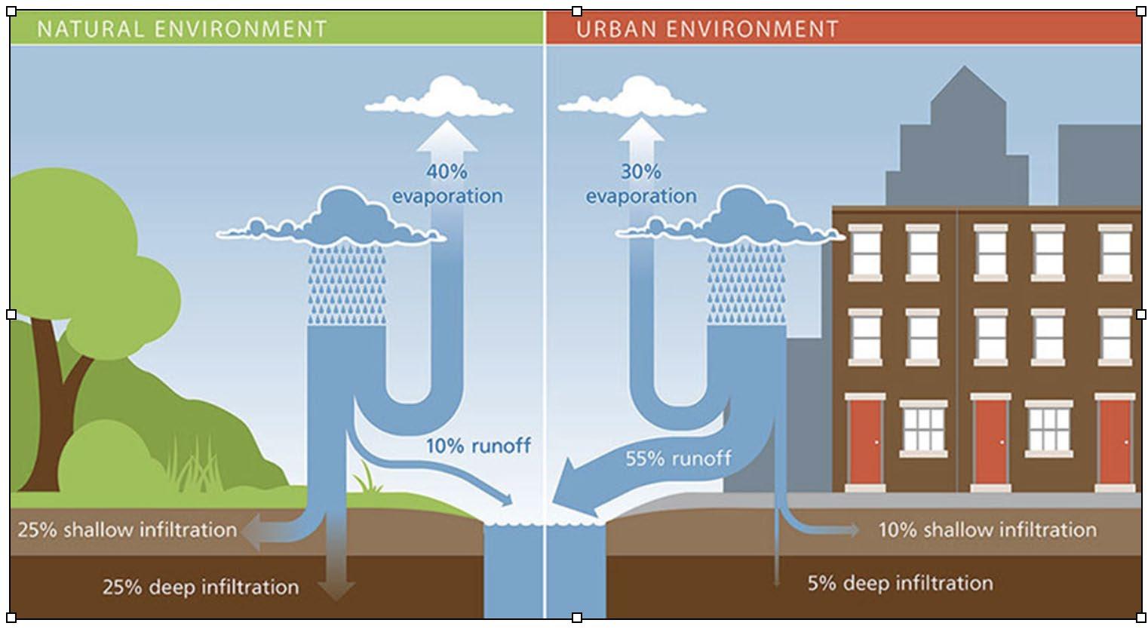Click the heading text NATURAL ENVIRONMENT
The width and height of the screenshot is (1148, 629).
(x=182, y=29)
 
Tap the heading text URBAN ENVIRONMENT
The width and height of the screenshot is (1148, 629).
(x=707, y=29)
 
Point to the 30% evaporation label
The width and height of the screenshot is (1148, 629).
(x=641, y=184)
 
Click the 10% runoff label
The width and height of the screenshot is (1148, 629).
(x=478, y=446)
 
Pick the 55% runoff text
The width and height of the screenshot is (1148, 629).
(x=678, y=458)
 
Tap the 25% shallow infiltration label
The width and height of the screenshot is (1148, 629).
(x=127, y=529)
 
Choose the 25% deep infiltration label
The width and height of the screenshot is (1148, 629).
(x=201, y=587)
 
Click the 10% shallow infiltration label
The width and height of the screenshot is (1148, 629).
(x=987, y=529)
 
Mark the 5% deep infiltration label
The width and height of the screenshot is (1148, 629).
(x=900, y=583)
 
